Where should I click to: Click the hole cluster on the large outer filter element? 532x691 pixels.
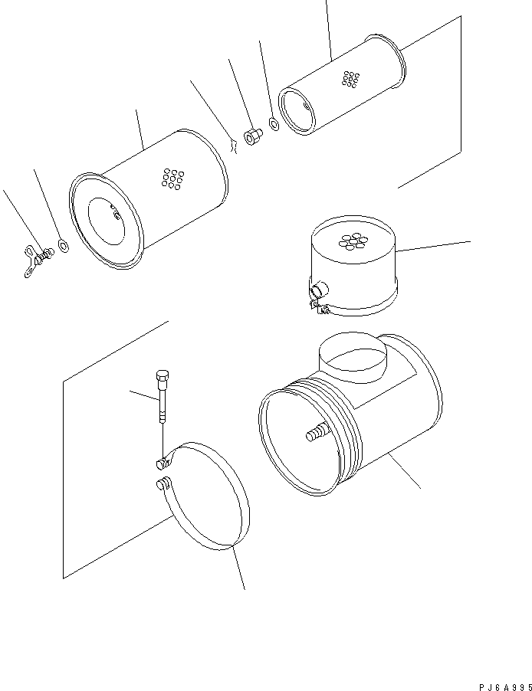click(x=172, y=178)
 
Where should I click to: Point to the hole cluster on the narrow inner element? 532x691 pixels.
click(x=350, y=79)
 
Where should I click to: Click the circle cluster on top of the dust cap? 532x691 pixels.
click(x=353, y=241)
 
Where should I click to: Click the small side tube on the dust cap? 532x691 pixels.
click(x=318, y=289)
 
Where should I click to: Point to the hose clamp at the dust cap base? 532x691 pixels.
click(x=321, y=308)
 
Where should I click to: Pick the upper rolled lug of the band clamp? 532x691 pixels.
click(x=161, y=463)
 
